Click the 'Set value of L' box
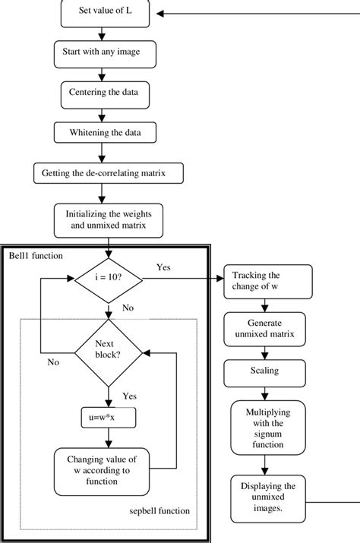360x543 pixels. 105,13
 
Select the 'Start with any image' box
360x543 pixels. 105,55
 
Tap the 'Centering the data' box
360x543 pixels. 105,95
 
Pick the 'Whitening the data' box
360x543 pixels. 105,132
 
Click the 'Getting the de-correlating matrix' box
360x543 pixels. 109,173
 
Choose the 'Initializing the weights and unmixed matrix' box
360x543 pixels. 109,220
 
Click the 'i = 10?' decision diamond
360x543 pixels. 109,279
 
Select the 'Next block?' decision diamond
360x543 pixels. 109,353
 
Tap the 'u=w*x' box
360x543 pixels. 109,418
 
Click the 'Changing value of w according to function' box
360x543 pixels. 102,472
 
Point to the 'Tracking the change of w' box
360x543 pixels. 268,282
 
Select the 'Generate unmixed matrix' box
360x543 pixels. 265,329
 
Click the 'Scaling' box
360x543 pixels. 265,374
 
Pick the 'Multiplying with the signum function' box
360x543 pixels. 268,428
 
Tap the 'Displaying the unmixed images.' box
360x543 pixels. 268,499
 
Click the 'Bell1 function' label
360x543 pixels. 36,256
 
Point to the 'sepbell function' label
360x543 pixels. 159,511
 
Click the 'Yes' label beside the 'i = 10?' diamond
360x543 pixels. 163,267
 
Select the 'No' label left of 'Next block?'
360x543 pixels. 53,362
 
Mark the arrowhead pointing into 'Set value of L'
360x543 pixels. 159,14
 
